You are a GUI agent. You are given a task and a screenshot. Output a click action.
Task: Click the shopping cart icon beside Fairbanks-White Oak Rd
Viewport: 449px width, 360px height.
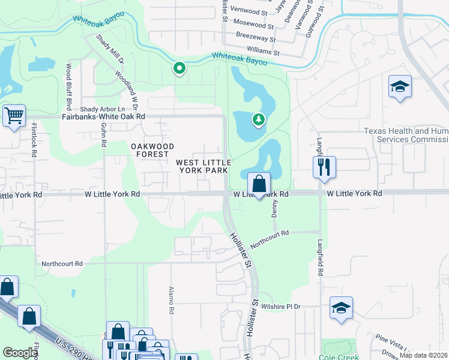point(14,115)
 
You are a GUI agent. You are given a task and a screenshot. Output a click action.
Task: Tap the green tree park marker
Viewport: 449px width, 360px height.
point(259,119)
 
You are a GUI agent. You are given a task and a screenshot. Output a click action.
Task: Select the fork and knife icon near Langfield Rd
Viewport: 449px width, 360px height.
point(324,167)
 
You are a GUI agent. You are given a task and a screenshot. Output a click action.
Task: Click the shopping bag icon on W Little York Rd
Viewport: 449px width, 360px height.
point(259,184)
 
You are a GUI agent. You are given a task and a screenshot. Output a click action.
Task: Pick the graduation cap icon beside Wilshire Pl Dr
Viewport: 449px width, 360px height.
point(341,308)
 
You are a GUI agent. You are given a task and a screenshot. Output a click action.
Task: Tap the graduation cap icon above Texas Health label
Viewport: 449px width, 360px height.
point(399,88)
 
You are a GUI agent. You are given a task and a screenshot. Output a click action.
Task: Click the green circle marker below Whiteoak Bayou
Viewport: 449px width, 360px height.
point(179,68)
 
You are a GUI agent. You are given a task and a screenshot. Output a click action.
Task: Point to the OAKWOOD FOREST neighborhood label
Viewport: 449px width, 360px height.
point(153,150)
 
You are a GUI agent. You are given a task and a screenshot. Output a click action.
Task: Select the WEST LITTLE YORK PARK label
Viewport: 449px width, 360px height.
point(202,166)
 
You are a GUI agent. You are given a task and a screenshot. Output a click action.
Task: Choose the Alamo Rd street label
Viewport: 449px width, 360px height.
point(171,301)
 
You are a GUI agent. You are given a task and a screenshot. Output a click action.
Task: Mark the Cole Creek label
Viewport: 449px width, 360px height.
point(340,356)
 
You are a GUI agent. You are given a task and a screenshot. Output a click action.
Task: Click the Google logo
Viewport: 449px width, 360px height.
point(20,353)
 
